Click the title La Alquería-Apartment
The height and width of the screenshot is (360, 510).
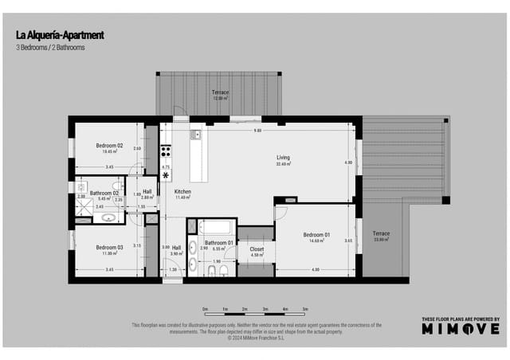point(59,35)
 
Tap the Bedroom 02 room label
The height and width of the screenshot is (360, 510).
point(110,146)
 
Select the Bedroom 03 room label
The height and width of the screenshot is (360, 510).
point(110,248)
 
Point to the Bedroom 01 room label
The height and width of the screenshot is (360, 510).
point(316,234)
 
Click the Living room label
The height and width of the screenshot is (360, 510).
point(283,158)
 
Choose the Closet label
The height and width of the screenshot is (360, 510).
point(257,248)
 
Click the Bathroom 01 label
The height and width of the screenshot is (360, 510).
point(218,242)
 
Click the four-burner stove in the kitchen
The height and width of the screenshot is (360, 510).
point(167,151)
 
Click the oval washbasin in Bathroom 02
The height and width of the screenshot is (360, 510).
point(111,216)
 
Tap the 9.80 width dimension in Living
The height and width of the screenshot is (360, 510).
point(257,130)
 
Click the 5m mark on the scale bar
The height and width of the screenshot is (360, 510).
point(305,308)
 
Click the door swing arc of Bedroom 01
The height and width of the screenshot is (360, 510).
point(280,213)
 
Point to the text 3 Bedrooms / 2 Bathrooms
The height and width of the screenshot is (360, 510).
point(50,48)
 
